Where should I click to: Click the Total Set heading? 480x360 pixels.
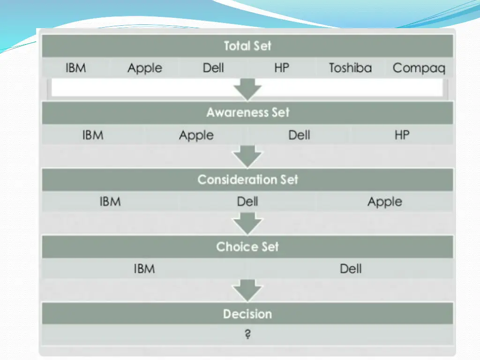tap(247, 46)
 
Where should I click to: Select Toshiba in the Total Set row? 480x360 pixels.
tap(350, 68)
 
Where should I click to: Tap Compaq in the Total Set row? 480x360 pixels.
tap(419, 68)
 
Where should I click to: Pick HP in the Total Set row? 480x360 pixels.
tap(282, 68)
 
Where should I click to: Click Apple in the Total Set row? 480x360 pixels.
tap(144, 68)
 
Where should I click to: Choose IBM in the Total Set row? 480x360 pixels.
tap(76, 68)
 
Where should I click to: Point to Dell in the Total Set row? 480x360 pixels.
tap(213, 68)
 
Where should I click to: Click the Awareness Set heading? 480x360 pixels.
tap(247, 112)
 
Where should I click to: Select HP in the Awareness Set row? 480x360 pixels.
tap(402, 135)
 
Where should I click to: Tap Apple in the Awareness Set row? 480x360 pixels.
tap(196, 136)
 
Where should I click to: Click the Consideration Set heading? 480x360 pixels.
tap(247, 180)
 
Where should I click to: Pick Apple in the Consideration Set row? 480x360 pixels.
tap(384, 202)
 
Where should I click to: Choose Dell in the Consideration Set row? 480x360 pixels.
tap(247, 202)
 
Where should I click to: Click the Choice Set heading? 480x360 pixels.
tap(247, 247)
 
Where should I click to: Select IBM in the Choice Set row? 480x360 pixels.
tap(144, 269)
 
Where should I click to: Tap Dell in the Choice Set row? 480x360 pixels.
tap(351, 269)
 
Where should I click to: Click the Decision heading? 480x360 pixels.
tap(247, 314)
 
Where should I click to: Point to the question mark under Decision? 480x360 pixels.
tap(247, 335)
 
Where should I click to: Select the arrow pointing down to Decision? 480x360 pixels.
tap(247, 291)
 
